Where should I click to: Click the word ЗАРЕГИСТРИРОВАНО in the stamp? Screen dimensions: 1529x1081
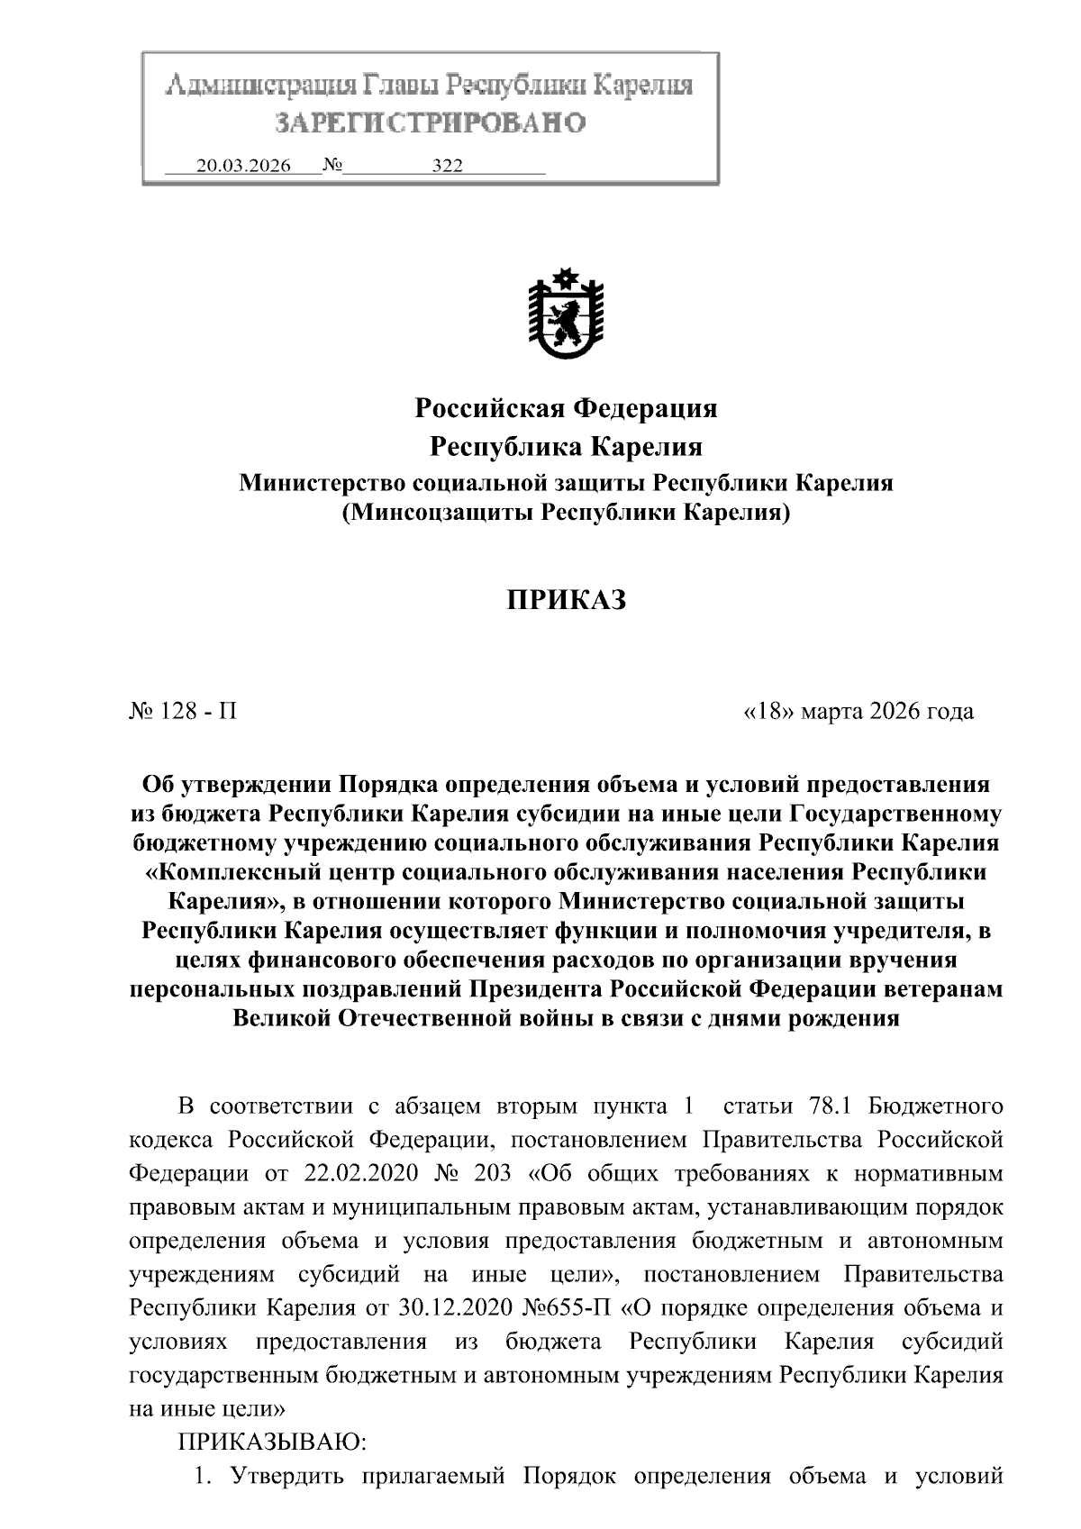click(431, 122)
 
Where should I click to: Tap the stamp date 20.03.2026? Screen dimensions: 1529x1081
click(243, 166)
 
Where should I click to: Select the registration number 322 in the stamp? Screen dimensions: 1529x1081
click(447, 166)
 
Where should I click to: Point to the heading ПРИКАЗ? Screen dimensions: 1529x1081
click(566, 600)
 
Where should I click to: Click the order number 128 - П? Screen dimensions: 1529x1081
click(184, 712)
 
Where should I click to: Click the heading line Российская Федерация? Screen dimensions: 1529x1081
click(566, 409)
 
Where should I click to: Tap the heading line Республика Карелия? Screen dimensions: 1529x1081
click(566, 447)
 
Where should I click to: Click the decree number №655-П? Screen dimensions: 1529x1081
click(570, 1307)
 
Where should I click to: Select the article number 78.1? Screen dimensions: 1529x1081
click(821, 1106)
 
